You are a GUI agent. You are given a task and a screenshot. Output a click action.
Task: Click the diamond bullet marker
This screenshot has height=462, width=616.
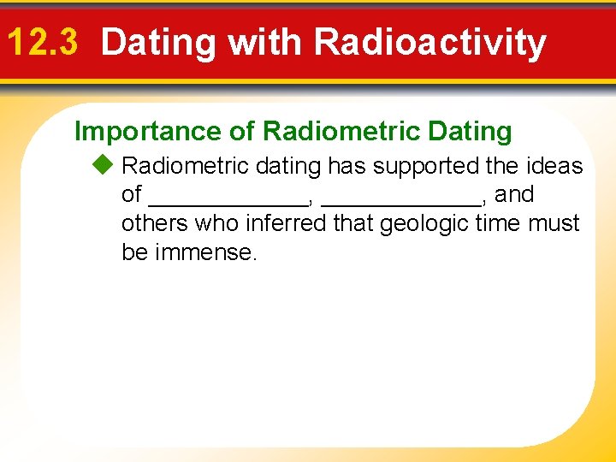[x=105, y=165]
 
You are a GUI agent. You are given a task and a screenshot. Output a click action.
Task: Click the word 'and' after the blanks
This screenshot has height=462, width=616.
[x=514, y=195]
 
